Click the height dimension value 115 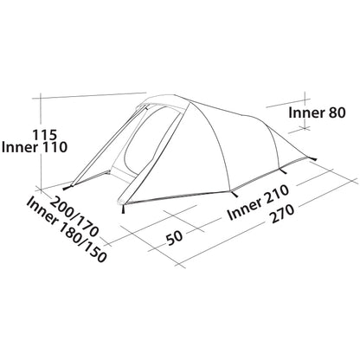(44, 135)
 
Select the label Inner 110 (35, 147)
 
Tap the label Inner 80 (317, 112)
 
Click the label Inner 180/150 (67, 230)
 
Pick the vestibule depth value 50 (175, 237)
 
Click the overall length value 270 (283, 214)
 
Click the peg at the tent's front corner (124, 209)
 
